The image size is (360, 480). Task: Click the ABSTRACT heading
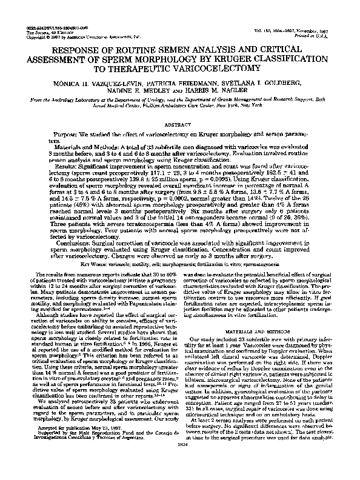tap(180, 124)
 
